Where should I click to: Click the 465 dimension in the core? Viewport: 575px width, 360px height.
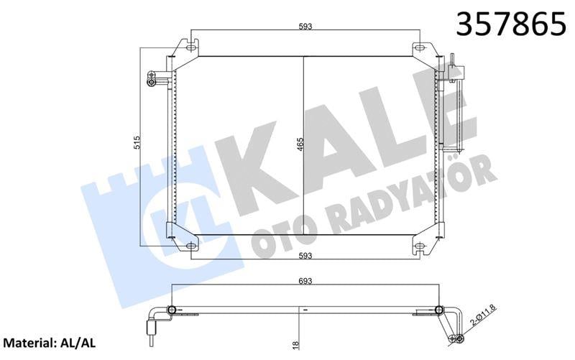tap(300, 145)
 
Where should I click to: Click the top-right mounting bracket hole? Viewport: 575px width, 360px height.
tap(420, 49)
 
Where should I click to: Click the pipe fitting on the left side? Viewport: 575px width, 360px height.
tap(153, 78)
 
